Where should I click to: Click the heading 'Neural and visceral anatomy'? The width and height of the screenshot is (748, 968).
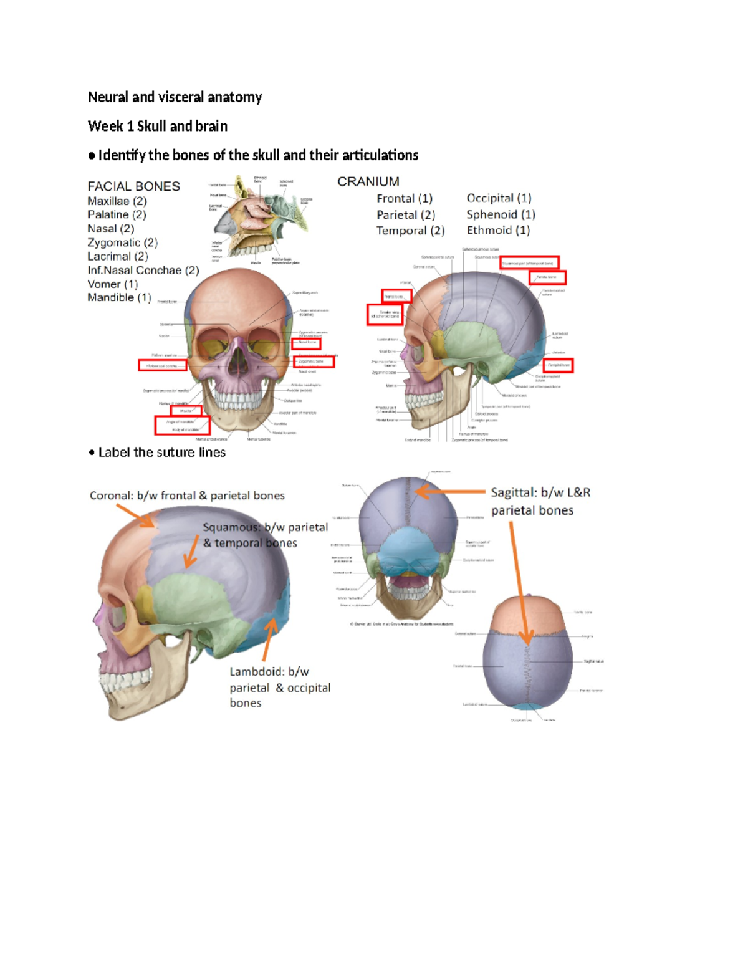click(x=175, y=97)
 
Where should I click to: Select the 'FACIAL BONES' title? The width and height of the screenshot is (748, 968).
click(x=133, y=186)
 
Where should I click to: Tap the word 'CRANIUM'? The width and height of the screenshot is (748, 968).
click(x=368, y=181)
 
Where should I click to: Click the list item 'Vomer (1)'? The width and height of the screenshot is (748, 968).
click(x=112, y=284)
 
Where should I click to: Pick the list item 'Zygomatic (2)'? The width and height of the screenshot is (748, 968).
click(x=122, y=243)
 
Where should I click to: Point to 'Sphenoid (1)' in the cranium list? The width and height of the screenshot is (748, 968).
click(x=501, y=214)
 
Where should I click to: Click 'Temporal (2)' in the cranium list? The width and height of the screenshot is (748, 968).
click(x=410, y=231)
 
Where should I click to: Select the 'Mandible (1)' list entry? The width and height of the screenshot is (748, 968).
click(x=119, y=298)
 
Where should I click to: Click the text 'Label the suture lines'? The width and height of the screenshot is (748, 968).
click(x=161, y=453)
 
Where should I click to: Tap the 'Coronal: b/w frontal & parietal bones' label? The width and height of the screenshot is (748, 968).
click(x=187, y=496)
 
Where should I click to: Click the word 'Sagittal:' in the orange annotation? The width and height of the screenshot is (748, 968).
click(x=514, y=492)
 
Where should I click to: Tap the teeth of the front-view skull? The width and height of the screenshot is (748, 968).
click(x=237, y=399)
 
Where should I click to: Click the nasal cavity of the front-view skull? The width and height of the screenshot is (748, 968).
click(x=237, y=362)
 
